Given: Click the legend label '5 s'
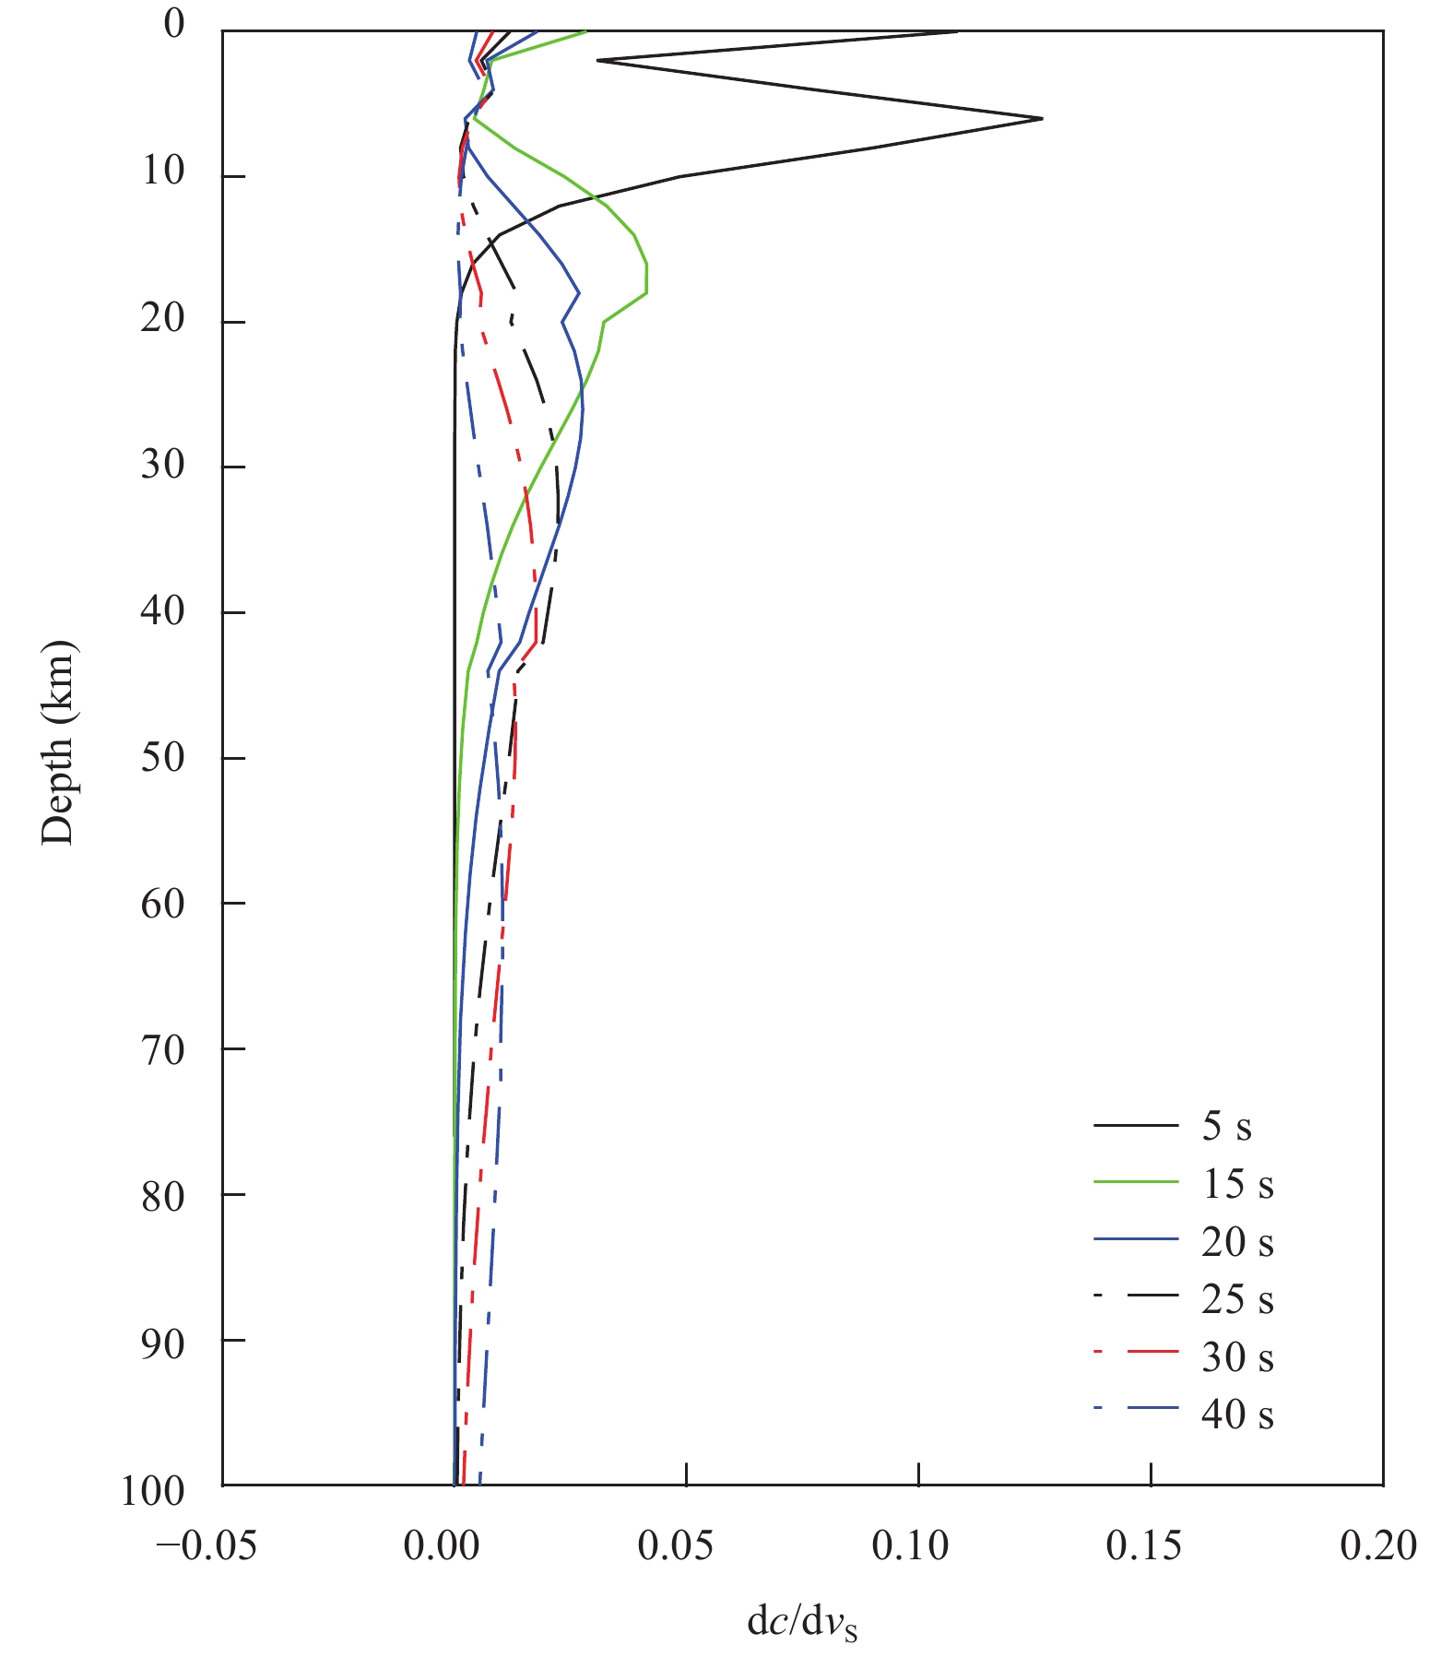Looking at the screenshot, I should point(1226,1127).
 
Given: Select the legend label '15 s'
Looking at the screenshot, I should point(1237,1184).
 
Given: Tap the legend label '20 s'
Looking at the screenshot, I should point(1237,1242).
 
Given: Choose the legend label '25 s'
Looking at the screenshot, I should point(1237,1299).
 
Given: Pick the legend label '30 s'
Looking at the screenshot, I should point(1237,1356).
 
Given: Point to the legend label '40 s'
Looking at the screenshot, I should point(1237,1414).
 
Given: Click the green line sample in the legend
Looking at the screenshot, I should point(1136,1181).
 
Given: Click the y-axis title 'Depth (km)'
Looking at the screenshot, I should point(58,743).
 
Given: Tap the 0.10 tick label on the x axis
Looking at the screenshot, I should point(910,1546).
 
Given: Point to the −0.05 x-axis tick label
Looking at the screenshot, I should point(206,1546).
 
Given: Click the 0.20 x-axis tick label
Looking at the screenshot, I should point(1378,1546).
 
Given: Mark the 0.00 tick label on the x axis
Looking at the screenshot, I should point(442,1546).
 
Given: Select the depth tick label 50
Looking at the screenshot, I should point(162,758).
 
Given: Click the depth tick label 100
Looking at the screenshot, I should point(152,1491).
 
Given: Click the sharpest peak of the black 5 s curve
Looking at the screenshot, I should point(1041,118).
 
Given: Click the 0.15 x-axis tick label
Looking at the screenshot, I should point(1143,1546).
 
